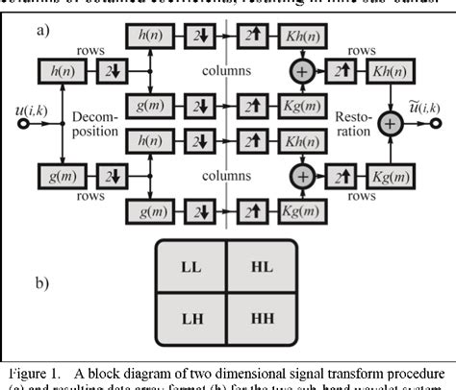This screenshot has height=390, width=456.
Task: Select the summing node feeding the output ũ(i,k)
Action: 391,123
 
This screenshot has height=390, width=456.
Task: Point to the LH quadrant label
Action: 187,316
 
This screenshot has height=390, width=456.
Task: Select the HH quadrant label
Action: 267,316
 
